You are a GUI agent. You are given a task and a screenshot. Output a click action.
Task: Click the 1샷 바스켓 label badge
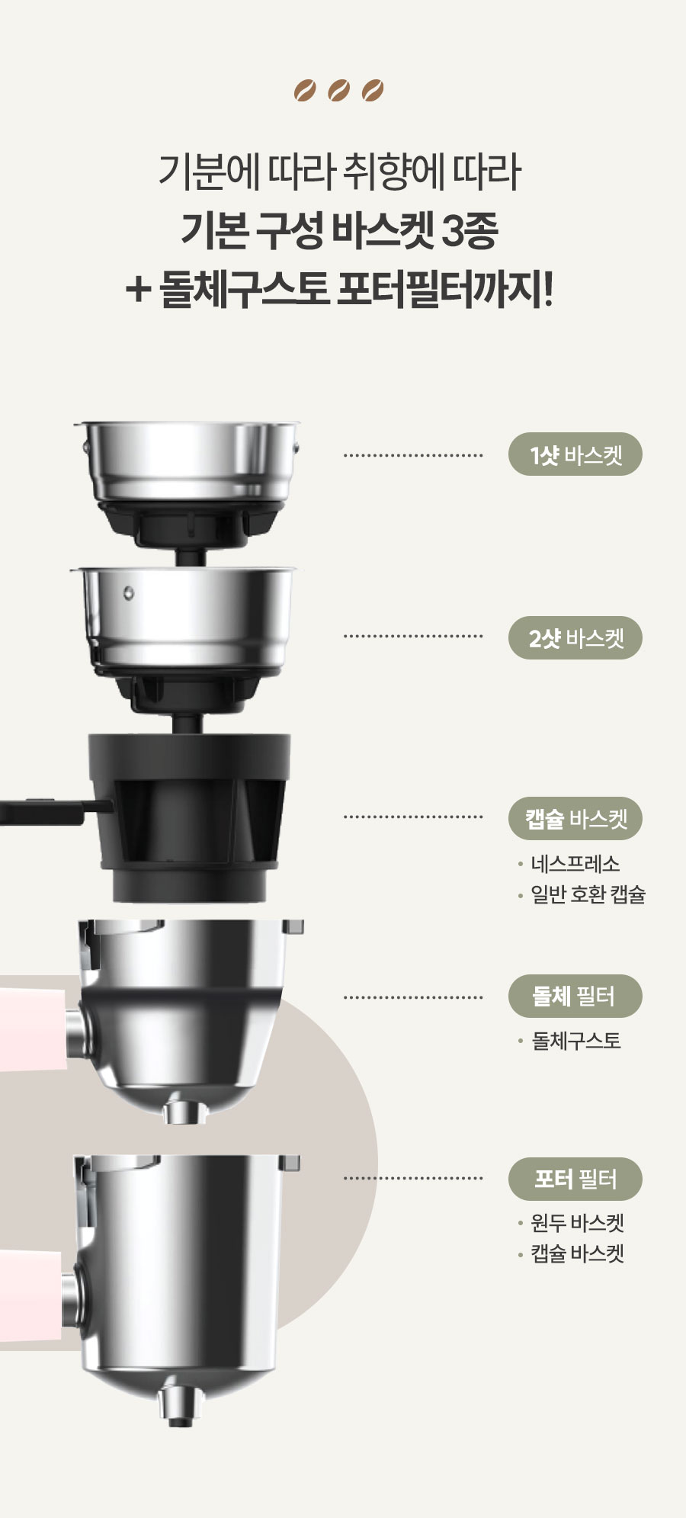575,454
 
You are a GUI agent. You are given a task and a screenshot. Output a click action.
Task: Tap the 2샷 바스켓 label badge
575,637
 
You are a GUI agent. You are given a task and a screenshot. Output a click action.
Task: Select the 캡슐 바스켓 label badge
575,819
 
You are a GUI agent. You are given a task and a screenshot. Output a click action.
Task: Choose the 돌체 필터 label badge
575,996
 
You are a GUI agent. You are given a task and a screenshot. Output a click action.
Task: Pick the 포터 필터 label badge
575,1179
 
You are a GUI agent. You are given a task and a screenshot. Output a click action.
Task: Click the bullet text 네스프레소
575,864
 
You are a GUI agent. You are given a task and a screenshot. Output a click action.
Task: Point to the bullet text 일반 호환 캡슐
588,894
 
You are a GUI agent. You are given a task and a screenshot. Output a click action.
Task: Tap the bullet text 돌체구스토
576,1041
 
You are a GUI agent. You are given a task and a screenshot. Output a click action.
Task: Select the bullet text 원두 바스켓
578,1223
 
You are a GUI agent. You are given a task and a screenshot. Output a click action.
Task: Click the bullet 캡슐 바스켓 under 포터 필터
578,1253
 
